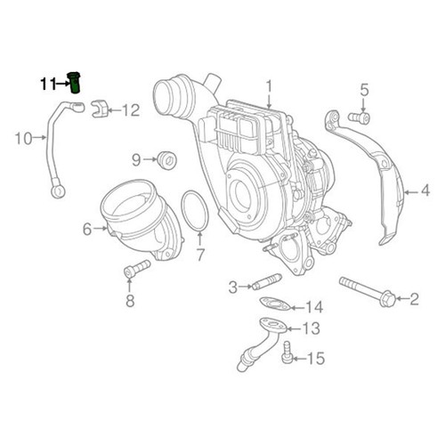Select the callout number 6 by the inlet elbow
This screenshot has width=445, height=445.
(87, 229)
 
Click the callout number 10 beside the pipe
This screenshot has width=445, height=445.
(23, 138)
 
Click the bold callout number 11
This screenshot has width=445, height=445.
(46, 85)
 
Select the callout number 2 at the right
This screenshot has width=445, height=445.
(412, 299)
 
